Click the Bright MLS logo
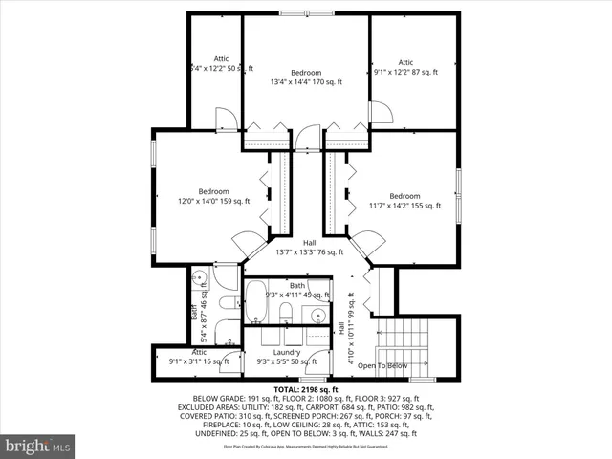click(38, 446)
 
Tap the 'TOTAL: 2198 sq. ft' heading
click(306, 390)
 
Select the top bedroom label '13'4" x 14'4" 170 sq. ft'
click(306, 77)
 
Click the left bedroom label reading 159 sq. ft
click(213, 196)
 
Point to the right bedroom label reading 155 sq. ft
click(404, 201)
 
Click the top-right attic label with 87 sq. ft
click(405, 68)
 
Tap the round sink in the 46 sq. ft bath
click(200, 280)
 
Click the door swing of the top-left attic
click(227, 119)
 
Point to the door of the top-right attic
click(380, 112)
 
